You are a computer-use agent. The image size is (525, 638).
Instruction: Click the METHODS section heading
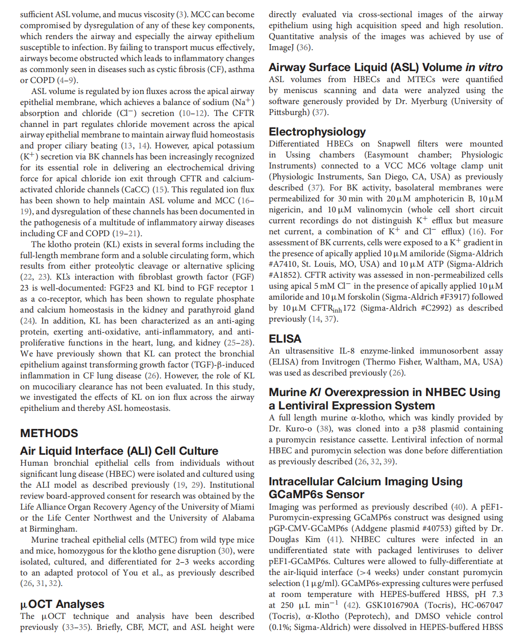tap(49, 433)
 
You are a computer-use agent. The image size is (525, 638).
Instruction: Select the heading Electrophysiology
tap(317, 132)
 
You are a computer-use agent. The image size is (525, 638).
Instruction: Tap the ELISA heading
tap(285, 339)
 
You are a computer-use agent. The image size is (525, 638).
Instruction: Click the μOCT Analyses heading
tap(62, 605)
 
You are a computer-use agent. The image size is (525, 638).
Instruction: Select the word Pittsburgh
tap(289, 112)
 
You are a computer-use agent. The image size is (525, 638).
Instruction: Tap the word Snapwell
tap(394, 144)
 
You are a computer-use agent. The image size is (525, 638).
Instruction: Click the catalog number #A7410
tap(285, 264)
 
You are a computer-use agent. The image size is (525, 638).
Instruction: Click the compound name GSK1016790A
tap(395, 605)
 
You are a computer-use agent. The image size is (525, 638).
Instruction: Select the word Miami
tap(241, 507)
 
